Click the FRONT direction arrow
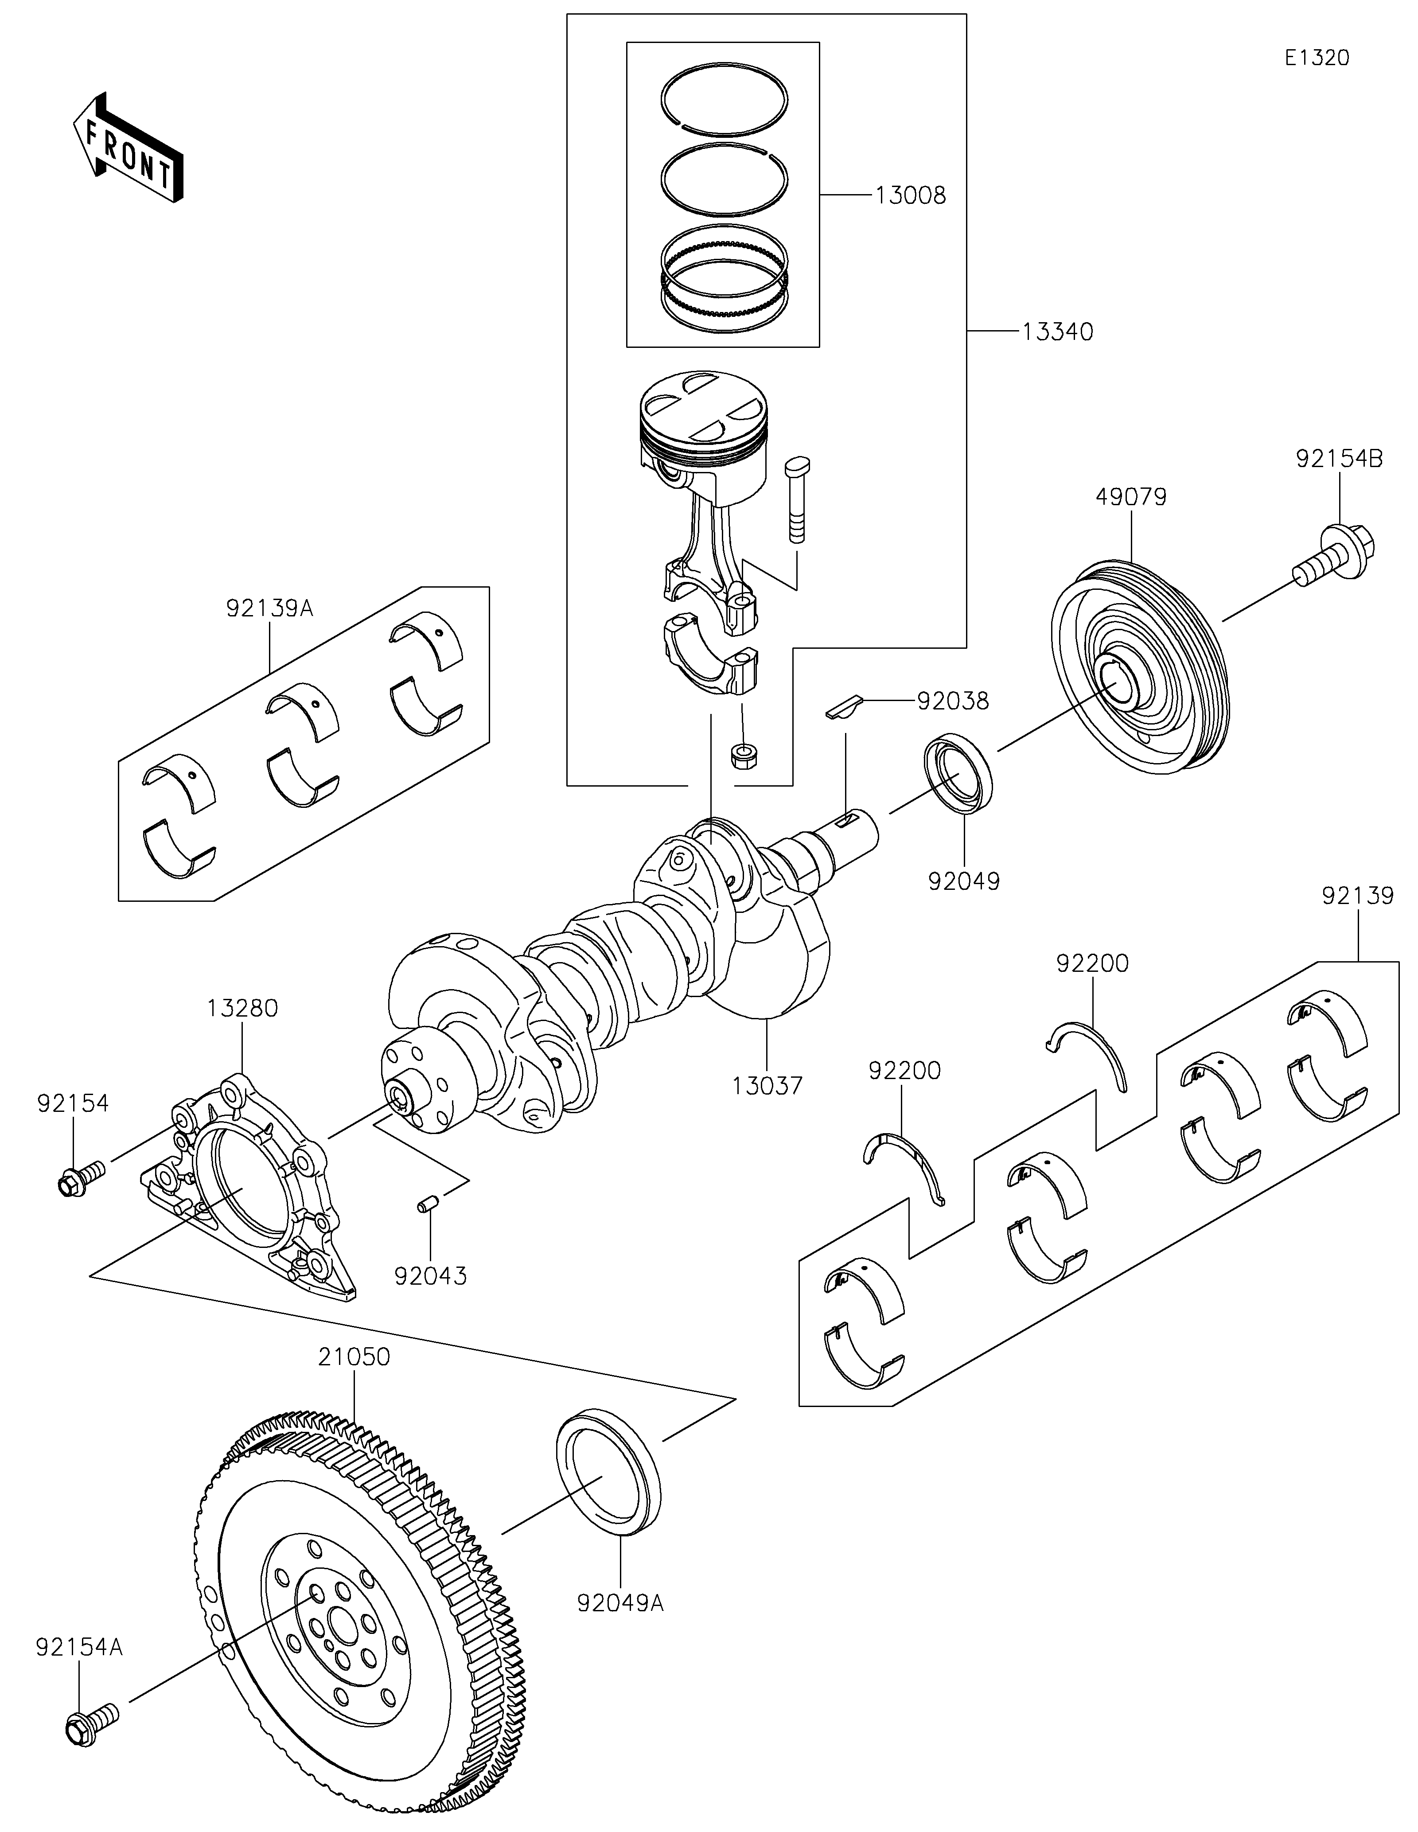128,147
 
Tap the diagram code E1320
1317,58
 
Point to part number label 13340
1057,332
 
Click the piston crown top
703,403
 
